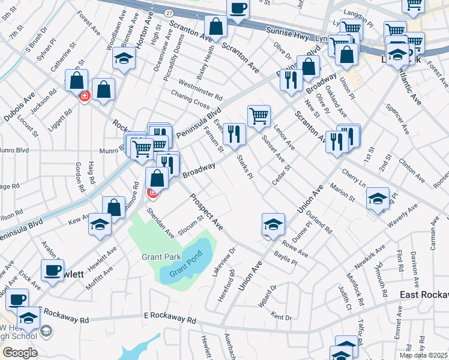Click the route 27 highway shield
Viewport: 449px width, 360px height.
tap(169, 11)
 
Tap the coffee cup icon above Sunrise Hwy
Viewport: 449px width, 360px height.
tap(238, 8)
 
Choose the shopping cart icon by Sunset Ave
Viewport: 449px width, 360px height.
tap(259, 115)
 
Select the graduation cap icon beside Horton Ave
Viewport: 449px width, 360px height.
tap(124, 58)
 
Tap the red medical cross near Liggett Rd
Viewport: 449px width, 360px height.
tap(84, 95)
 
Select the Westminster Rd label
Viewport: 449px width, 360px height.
tap(200, 90)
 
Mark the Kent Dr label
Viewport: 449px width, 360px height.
tap(281, 316)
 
